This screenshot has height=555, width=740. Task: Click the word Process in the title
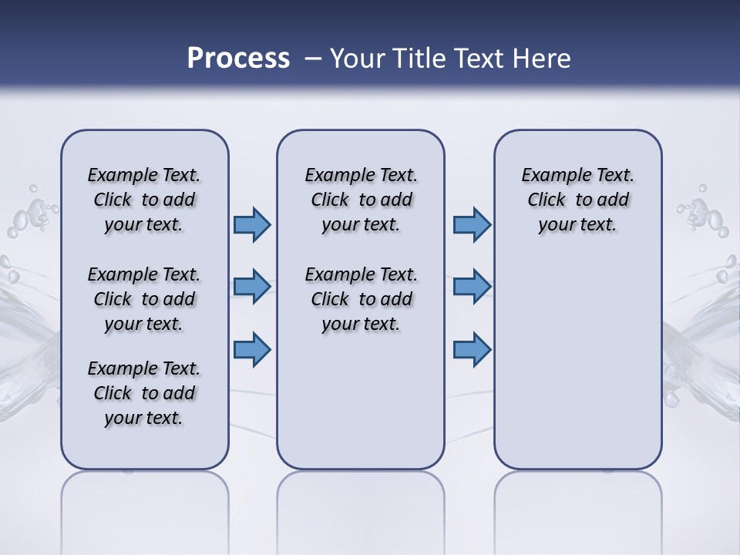238,58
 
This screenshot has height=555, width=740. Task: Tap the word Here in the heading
540,58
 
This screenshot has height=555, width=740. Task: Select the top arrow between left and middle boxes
252,224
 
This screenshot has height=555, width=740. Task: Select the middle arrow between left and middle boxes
252,286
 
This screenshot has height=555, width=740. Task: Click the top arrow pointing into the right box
472,224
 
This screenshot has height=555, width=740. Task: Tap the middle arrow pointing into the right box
472,286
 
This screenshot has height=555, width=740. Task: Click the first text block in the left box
144,200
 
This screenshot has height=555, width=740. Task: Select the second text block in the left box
144,299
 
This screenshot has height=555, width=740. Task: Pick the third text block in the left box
144,393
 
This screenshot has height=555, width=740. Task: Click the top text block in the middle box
361,200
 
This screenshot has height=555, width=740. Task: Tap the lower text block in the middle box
361,299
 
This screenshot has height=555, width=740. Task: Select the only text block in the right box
577,200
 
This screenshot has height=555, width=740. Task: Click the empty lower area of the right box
577,370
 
